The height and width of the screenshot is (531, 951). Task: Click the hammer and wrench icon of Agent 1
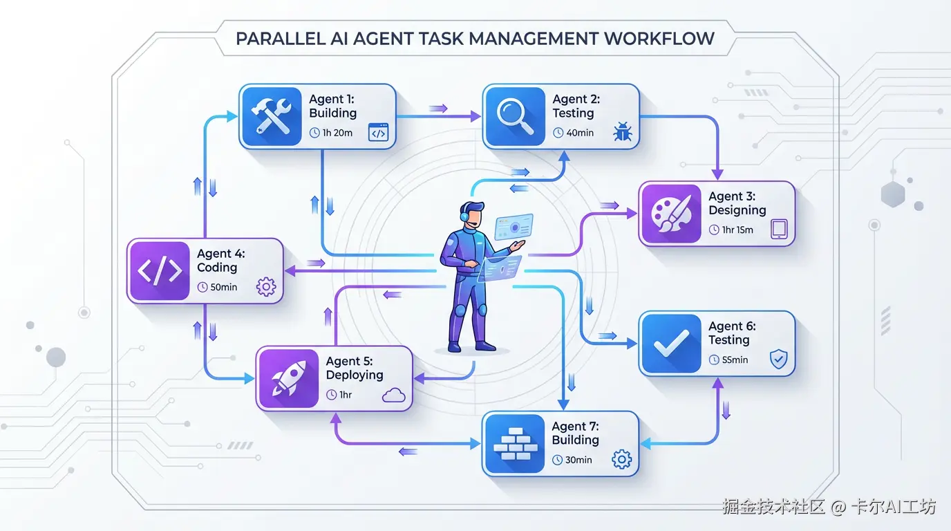point(270,115)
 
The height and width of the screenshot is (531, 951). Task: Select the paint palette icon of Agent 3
point(670,214)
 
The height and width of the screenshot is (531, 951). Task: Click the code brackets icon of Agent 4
point(159,270)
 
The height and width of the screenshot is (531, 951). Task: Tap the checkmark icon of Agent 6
point(670,343)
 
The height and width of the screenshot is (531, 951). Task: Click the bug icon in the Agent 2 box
point(622,133)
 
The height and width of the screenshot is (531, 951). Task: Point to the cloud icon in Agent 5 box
point(393,395)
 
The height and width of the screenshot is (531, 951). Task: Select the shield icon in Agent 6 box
point(778,360)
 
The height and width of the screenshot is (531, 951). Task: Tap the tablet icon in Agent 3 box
point(779,230)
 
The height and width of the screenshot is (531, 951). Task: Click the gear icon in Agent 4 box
point(266,287)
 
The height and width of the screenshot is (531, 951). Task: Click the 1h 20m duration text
point(337,133)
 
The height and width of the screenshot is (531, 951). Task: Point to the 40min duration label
point(580,133)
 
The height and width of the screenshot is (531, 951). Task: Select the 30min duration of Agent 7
point(578,460)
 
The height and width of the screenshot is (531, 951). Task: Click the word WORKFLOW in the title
point(659,39)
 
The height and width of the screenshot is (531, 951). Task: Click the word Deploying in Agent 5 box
point(355,375)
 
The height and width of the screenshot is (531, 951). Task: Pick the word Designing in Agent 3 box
point(737,210)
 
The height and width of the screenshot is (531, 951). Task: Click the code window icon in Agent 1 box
point(379,133)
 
